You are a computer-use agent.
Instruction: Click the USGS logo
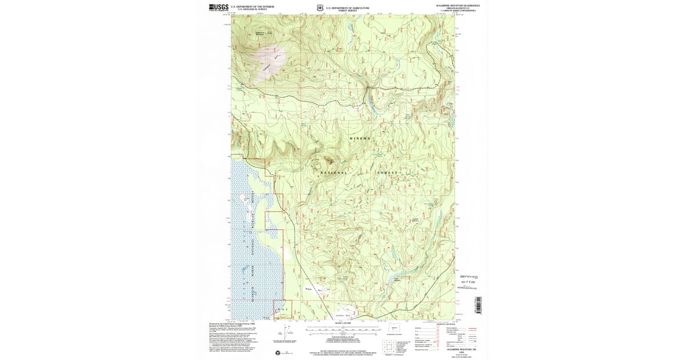pos(218,7)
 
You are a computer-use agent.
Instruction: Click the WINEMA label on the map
pos(360,139)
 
